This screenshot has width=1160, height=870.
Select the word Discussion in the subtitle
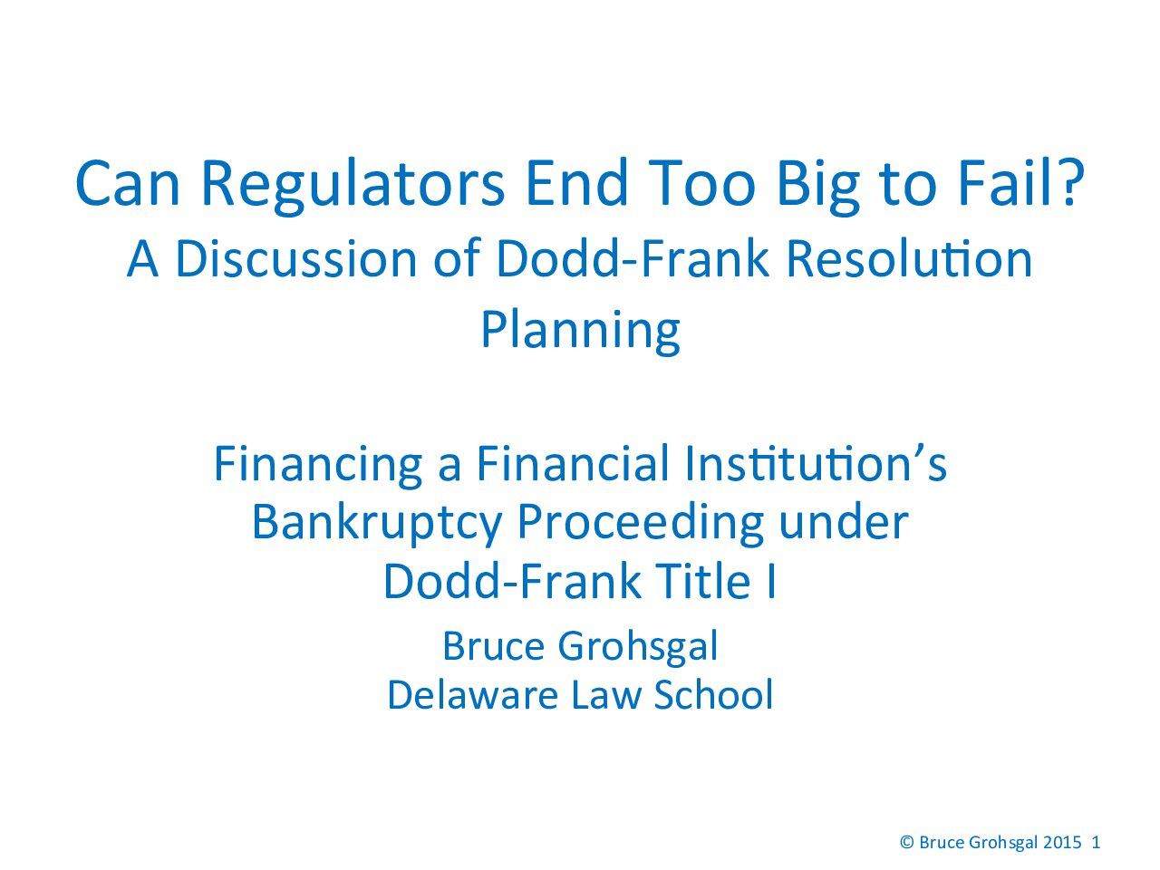(x=296, y=260)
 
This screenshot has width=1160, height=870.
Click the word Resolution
(x=909, y=259)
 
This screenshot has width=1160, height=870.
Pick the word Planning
(x=580, y=331)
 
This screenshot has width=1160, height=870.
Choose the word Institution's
(x=816, y=463)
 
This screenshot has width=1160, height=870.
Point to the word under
(x=844, y=522)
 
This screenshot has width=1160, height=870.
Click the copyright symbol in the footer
(x=907, y=842)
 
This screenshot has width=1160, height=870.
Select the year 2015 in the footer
(x=1062, y=842)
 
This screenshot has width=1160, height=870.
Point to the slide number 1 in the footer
(x=1096, y=842)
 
